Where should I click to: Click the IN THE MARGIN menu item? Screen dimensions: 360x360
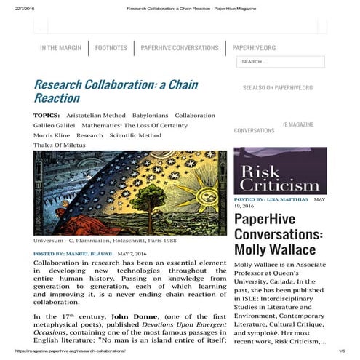coord(60,48)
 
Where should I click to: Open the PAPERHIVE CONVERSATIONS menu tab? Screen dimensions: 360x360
coord(180,48)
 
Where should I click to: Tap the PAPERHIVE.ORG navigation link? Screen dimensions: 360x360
coord(254,48)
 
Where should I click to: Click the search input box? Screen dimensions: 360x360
coord(280,62)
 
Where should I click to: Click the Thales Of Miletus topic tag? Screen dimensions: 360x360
coord(60,145)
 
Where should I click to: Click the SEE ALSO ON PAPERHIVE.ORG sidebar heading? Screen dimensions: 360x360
coord(277,88)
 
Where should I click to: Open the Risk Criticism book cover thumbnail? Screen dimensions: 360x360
coord(280,171)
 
